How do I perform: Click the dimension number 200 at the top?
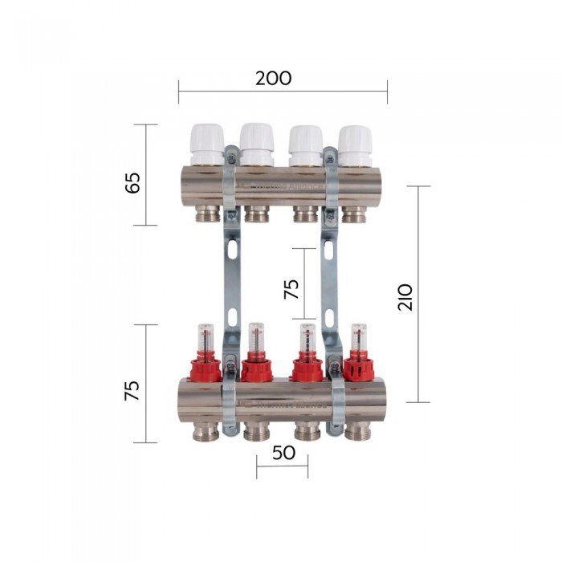tap(274, 79)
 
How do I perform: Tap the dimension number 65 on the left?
tap(132, 182)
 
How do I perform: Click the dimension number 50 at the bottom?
tap(283, 453)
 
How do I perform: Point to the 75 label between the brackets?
tap(291, 288)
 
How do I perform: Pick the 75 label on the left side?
tap(132, 390)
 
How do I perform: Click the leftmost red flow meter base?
tap(206, 370)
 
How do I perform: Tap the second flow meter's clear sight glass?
tap(256, 339)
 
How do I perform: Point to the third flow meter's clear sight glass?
tap(307, 339)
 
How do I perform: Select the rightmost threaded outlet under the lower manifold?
tap(356, 432)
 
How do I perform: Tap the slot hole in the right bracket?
tap(328, 251)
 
